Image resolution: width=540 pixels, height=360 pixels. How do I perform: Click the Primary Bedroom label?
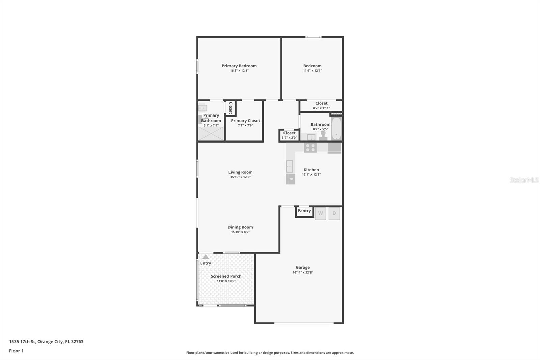239,66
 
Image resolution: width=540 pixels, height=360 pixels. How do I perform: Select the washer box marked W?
320,213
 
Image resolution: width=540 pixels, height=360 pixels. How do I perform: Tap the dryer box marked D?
334,213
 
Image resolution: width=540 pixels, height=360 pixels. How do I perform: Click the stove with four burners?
310,148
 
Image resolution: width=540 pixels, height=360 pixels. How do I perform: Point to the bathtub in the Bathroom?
336,129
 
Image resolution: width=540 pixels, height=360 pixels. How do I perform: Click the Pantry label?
304,211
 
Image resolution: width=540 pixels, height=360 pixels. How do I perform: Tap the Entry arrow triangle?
206,257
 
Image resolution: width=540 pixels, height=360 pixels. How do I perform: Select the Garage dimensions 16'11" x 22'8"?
303,272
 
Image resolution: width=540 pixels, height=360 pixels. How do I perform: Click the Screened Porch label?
226,276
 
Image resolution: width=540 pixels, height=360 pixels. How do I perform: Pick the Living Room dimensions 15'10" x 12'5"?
240,177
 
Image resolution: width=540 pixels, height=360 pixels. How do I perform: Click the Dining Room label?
240,227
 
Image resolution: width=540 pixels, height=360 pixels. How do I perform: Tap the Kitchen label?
311,170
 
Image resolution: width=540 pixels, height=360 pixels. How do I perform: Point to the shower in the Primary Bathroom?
211,134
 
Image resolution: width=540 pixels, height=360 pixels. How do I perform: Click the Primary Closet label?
245,120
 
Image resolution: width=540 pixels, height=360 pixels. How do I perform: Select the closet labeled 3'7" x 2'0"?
289,135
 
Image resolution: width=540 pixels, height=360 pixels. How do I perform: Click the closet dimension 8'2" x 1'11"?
321,108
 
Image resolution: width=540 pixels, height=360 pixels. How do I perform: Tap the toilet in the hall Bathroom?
323,135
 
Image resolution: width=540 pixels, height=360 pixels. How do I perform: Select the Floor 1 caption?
16,351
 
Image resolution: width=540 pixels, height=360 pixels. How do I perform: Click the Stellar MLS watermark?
524,180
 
